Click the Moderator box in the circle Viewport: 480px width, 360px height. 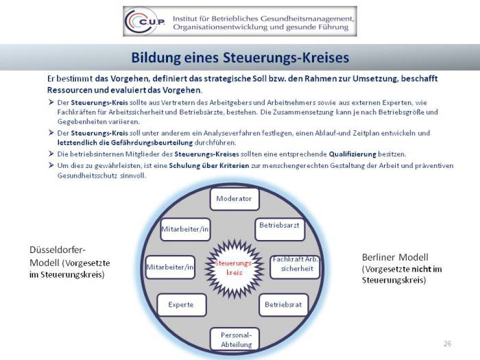tap(234, 199)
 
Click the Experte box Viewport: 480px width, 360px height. tap(181, 304)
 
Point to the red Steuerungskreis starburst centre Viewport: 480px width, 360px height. tap(233, 267)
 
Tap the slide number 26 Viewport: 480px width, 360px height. tap(448, 342)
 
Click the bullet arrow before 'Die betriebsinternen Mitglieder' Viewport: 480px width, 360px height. tap(52, 154)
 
